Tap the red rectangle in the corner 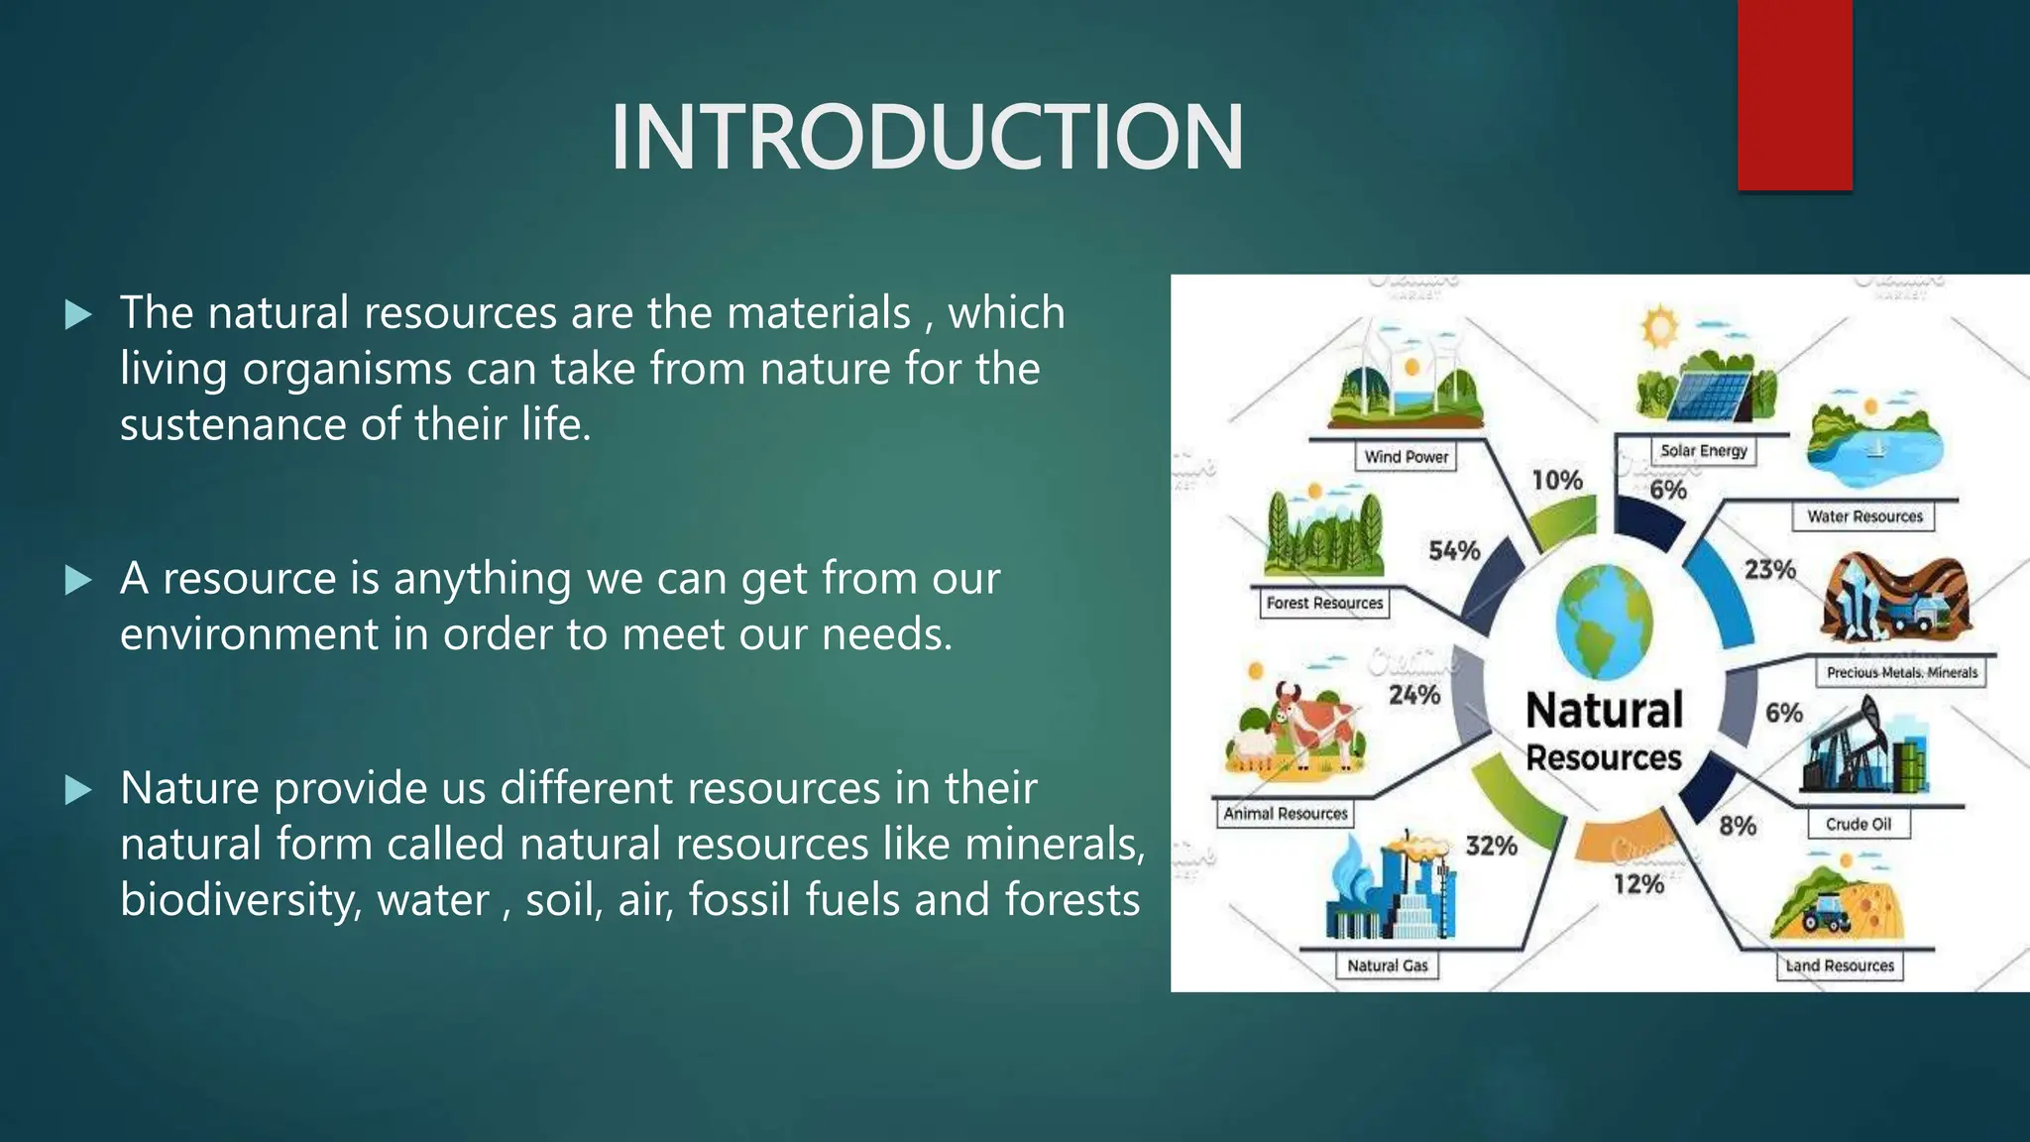tap(1794, 95)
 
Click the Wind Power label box tap(1406, 457)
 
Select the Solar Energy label tap(1703, 451)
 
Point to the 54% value tap(1454, 551)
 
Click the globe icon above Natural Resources tap(1604, 621)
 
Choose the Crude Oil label tap(1858, 824)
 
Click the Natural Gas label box tap(1387, 966)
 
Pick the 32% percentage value tap(1491, 846)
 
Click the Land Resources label tap(1839, 966)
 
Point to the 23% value tap(1769, 570)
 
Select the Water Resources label tap(1863, 516)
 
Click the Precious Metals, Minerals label tap(1901, 672)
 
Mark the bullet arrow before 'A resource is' tap(78, 580)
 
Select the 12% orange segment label tap(1637, 883)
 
